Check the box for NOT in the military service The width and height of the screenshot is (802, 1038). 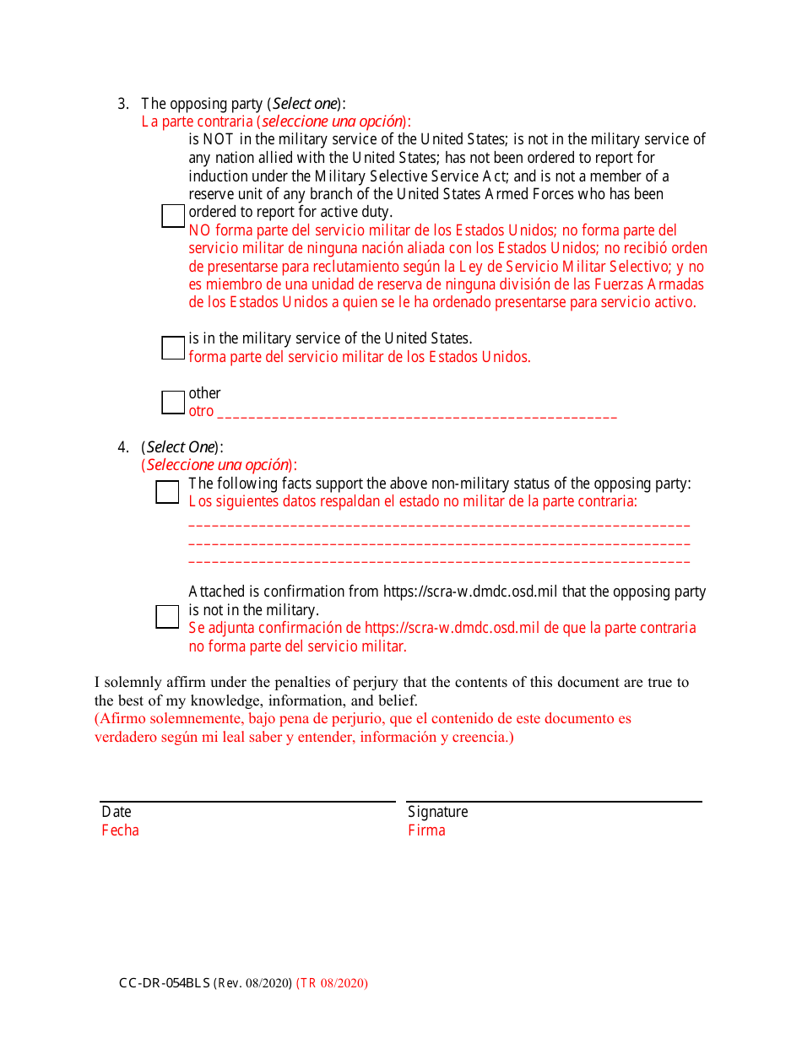(x=172, y=216)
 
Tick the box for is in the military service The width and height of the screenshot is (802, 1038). (x=172, y=348)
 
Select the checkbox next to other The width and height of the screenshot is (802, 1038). (x=172, y=403)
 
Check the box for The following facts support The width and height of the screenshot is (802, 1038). (x=167, y=492)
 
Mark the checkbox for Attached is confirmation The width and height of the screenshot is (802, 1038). (x=167, y=617)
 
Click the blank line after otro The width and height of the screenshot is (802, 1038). (x=417, y=416)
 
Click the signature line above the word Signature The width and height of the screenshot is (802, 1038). (x=554, y=801)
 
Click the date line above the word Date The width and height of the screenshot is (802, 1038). (x=247, y=801)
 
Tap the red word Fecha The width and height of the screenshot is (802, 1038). (x=120, y=830)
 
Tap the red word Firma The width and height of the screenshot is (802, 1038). (x=426, y=830)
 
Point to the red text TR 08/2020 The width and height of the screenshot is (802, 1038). (x=332, y=983)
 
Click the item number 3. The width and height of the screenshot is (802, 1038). (x=123, y=105)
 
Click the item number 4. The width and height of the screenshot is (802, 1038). (x=123, y=447)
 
